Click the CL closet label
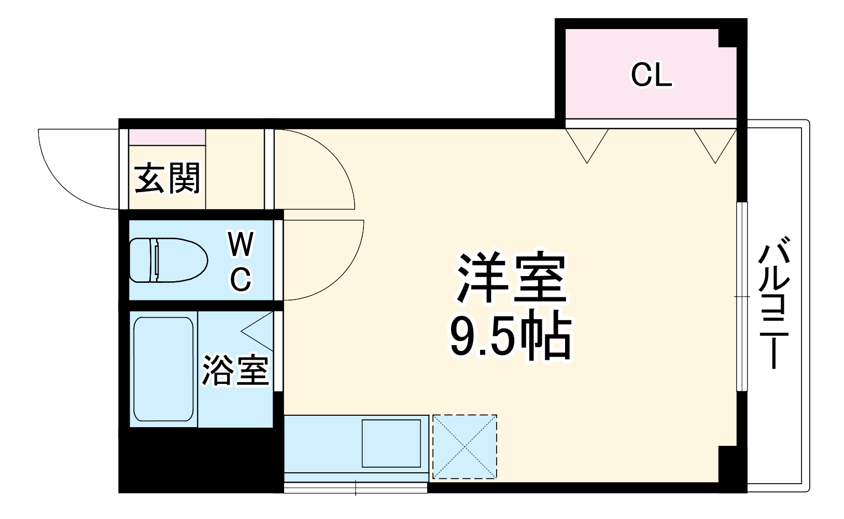coord(651,76)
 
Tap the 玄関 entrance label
coord(167,178)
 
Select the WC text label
coord(241,262)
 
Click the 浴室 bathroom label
coord(235,371)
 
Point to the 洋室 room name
coord(510,278)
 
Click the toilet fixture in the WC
coord(167,261)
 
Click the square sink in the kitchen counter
coord(391,443)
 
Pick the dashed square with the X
coord(465,446)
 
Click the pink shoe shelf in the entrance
coord(166,137)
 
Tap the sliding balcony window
coord(742,296)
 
